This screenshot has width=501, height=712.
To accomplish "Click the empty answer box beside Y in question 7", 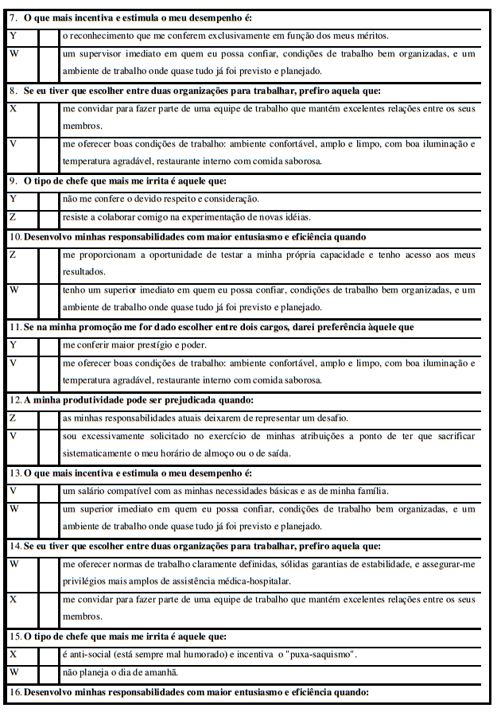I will (48, 36).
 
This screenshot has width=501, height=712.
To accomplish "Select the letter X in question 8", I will (13, 109).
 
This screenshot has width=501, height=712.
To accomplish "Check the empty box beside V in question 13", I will (48, 491).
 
